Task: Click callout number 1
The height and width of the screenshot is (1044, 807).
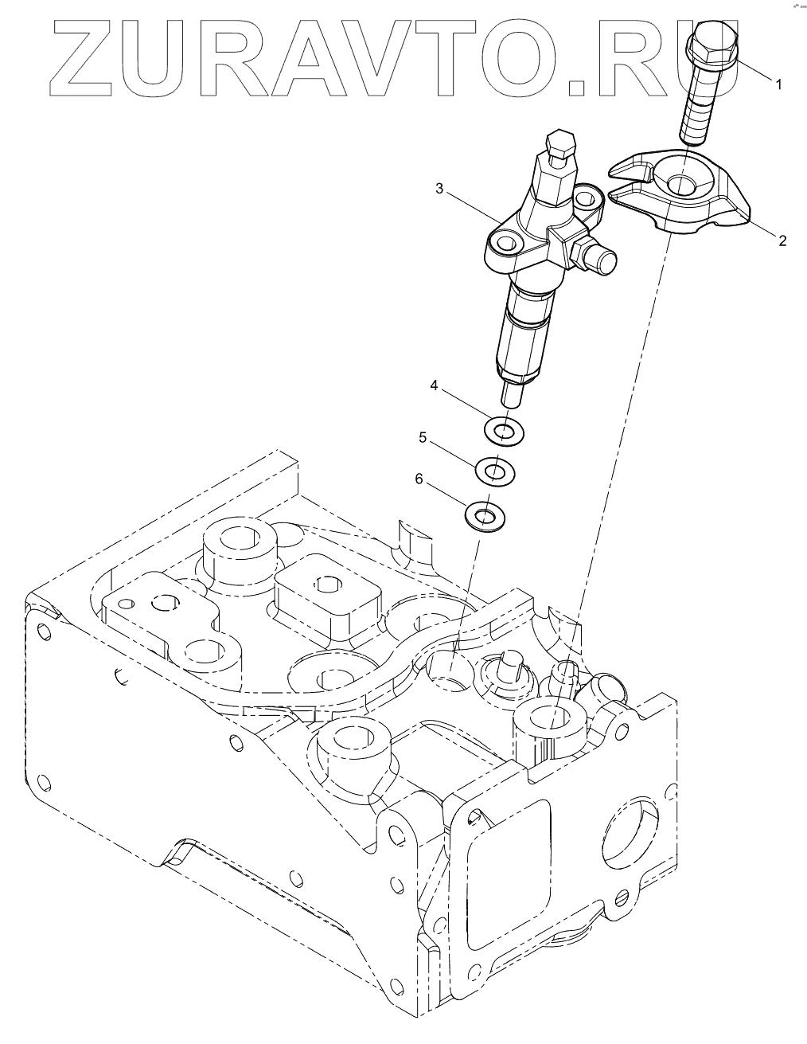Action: click(x=779, y=83)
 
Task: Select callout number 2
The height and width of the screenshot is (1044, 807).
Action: click(x=782, y=240)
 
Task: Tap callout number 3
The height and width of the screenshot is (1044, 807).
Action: click(x=439, y=189)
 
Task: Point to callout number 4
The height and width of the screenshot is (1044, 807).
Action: click(x=434, y=385)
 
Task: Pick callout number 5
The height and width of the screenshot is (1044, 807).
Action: click(x=423, y=437)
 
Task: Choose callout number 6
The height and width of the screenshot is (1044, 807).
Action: click(x=418, y=479)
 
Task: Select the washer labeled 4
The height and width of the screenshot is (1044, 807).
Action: click(x=503, y=432)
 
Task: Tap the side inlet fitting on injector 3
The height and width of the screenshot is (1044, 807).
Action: click(x=600, y=257)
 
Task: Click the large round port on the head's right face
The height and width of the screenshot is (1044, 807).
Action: click(x=630, y=827)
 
